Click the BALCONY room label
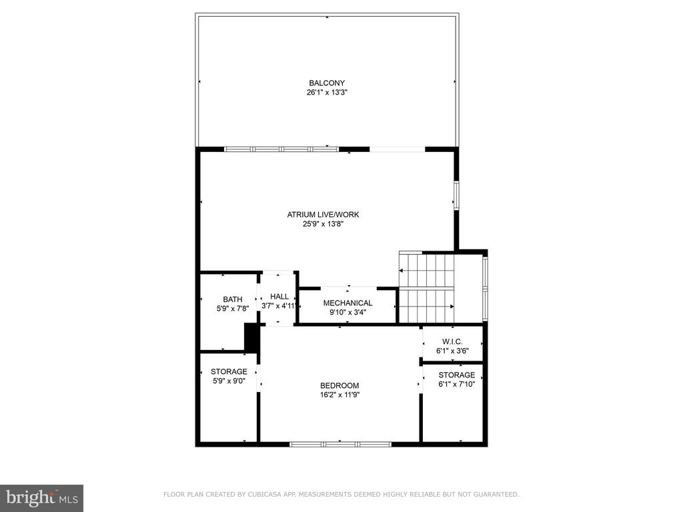tap(327, 83)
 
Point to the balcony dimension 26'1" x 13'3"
tap(327, 92)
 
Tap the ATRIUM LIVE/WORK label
tap(323, 214)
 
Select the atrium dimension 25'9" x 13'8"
tap(323, 224)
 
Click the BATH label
tap(233, 299)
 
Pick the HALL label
tap(279, 297)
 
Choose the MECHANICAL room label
tap(348, 303)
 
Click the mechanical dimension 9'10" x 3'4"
tap(348, 312)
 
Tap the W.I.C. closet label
tap(452, 342)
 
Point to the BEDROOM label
tap(339, 385)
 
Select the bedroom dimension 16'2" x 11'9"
tap(339, 395)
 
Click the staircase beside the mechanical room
tap(427, 288)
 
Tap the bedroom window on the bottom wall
tap(341, 444)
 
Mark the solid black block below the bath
tap(251, 337)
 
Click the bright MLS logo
tap(42, 498)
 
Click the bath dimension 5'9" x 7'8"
tap(233, 308)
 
